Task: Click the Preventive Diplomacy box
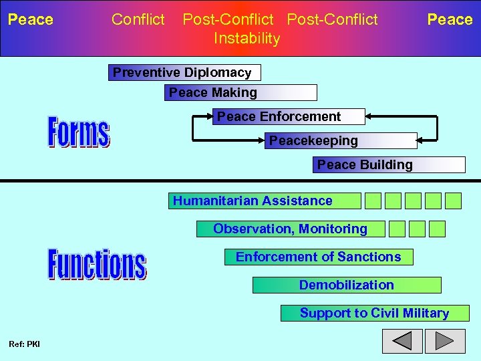click(x=184, y=73)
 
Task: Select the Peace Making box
click(x=240, y=93)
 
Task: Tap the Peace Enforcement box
click(x=289, y=117)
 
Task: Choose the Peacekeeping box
click(x=341, y=141)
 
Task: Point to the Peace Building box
click(x=389, y=165)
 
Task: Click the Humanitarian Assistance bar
click(x=265, y=201)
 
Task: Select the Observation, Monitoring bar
click(x=291, y=229)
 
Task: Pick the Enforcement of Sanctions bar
click(x=319, y=257)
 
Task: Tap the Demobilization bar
click(x=347, y=285)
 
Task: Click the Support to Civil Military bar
click(x=375, y=314)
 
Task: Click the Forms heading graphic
click(x=78, y=132)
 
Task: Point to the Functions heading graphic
click(x=96, y=263)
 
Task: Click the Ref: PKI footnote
click(x=24, y=344)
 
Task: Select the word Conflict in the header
click(x=138, y=19)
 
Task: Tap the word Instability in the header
click(x=247, y=39)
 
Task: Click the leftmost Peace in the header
click(x=30, y=19)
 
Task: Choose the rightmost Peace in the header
click(x=450, y=19)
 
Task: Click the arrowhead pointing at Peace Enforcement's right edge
click(x=369, y=117)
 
